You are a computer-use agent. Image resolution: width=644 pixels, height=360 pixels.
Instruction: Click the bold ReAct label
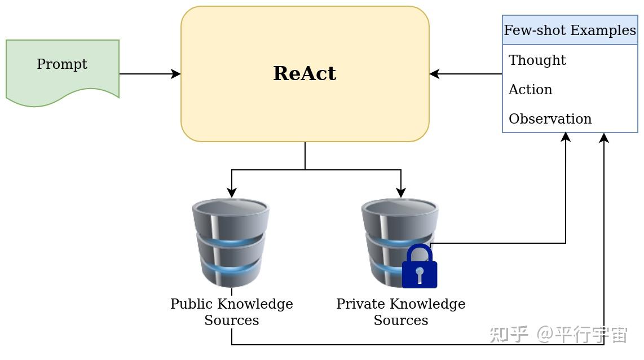pyautogui.click(x=305, y=74)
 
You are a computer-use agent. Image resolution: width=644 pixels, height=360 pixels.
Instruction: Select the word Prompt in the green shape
pyautogui.click(x=62, y=64)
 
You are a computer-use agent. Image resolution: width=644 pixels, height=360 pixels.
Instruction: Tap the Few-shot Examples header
pyautogui.click(x=570, y=30)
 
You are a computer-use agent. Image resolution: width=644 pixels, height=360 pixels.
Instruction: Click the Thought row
pyautogui.click(x=537, y=60)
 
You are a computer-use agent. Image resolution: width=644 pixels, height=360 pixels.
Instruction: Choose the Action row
pyautogui.click(x=530, y=90)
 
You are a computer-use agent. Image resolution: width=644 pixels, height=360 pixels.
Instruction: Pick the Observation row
pyautogui.click(x=550, y=119)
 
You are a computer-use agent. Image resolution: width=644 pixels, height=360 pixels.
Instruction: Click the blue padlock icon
pyautogui.click(x=419, y=267)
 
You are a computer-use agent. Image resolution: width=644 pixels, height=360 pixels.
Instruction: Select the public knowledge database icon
pyautogui.click(x=231, y=243)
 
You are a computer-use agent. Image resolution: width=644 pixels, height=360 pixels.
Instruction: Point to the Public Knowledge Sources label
pyautogui.click(x=231, y=312)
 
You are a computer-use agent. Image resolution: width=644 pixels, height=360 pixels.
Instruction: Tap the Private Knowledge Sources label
pyautogui.click(x=400, y=312)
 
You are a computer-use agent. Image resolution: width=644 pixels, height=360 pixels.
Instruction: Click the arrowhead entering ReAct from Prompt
pyautogui.click(x=177, y=74)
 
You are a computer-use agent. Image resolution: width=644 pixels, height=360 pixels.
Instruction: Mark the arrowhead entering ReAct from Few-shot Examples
pyautogui.click(x=434, y=74)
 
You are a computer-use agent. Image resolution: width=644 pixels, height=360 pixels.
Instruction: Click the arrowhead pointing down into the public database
pyautogui.click(x=232, y=194)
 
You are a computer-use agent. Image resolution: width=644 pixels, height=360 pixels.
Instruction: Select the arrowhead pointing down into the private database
pyautogui.click(x=401, y=194)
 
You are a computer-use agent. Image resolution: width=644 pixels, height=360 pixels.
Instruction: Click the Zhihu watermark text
pyautogui.click(x=558, y=334)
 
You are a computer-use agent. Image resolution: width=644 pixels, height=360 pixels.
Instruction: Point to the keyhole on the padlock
pyautogui.click(x=420, y=274)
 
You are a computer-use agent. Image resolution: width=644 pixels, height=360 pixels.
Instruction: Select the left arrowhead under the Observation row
pyautogui.click(x=566, y=137)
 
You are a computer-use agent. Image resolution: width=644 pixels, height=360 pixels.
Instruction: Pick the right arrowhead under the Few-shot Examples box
pyautogui.click(x=604, y=137)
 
